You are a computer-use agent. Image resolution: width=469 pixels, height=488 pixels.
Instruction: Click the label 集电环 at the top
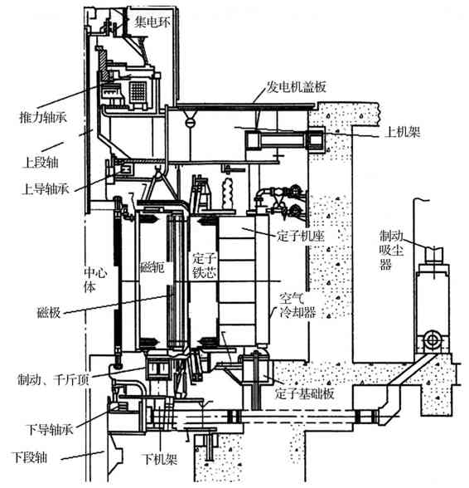(x=152, y=22)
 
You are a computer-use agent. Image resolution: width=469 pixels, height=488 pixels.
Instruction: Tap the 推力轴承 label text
(x=43, y=117)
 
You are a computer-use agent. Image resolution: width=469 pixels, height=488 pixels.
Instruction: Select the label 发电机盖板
(x=297, y=87)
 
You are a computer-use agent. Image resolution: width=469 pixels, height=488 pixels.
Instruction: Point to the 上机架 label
(x=402, y=132)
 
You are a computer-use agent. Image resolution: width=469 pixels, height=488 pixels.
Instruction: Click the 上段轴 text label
(x=41, y=162)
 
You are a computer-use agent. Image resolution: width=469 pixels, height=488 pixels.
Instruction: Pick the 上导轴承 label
(x=46, y=188)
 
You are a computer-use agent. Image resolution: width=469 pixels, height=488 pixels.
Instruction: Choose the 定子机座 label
(x=301, y=236)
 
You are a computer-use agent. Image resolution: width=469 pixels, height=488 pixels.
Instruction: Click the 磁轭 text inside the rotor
(x=152, y=267)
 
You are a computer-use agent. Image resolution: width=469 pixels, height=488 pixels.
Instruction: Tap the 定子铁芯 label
(x=204, y=266)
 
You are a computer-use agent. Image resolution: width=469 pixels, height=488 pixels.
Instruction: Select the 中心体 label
(x=95, y=280)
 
